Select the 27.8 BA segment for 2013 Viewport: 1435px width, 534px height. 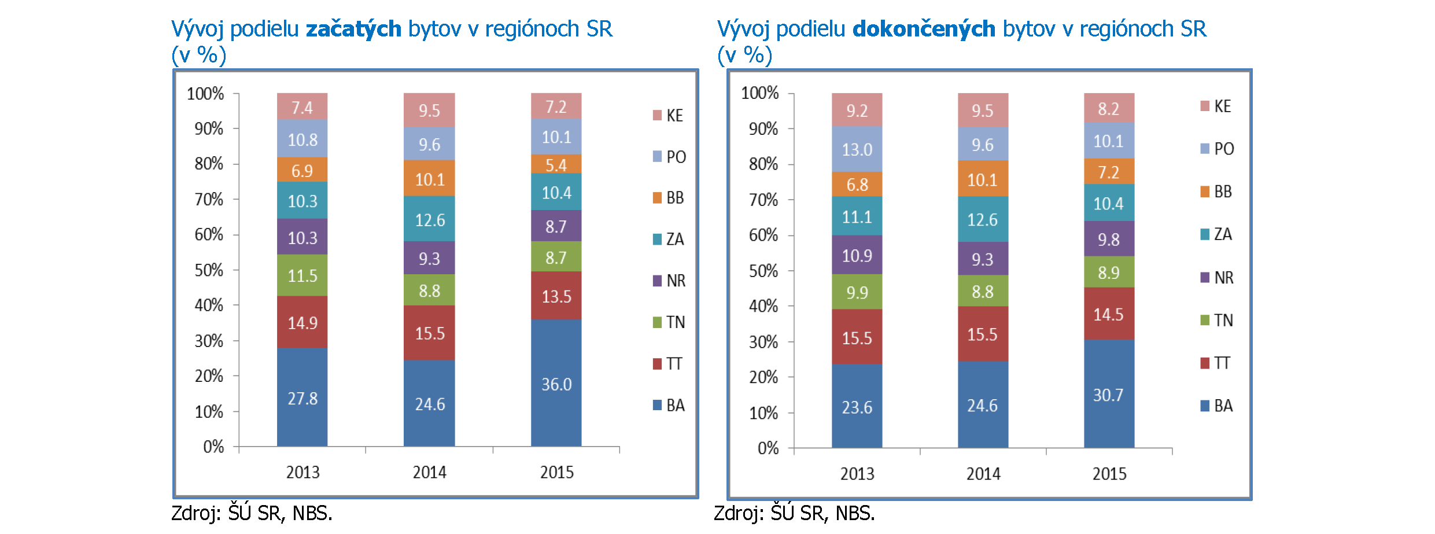pyautogui.click(x=302, y=397)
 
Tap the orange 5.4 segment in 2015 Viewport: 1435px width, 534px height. pyautogui.click(x=556, y=164)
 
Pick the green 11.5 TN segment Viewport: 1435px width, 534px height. pyautogui.click(x=302, y=275)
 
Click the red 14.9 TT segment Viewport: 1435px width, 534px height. pyautogui.click(x=302, y=322)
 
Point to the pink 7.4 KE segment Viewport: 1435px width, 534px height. pyautogui.click(x=302, y=107)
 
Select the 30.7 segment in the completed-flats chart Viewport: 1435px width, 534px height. pyautogui.click(x=1108, y=395)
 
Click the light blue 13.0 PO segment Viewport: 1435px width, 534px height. pyautogui.click(x=857, y=149)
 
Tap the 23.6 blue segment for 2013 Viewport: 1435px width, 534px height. pyautogui.click(x=857, y=407)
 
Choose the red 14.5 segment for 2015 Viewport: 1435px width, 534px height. pyautogui.click(x=1108, y=314)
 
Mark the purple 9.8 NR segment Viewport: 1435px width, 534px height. pyautogui.click(x=1108, y=239)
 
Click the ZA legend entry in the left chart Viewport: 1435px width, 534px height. pyautogui.click(x=669, y=239)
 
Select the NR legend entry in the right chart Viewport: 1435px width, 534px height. pyautogui.click(x=1217, y=277)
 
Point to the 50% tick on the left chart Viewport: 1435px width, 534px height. pyautogui.click(x=209, y=270)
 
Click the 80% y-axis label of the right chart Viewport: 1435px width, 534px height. pyautogui.click(x=763, y=164)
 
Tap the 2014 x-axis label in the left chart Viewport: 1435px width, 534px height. pyautogui.click(x=429, y=472)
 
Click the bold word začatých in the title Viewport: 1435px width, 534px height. pyautogui.click(x=353, y=29)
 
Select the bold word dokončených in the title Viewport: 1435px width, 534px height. pyautogui.click(x=924, y=29)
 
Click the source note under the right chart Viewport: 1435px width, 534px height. pyautogui.click(x=794, y=513)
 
